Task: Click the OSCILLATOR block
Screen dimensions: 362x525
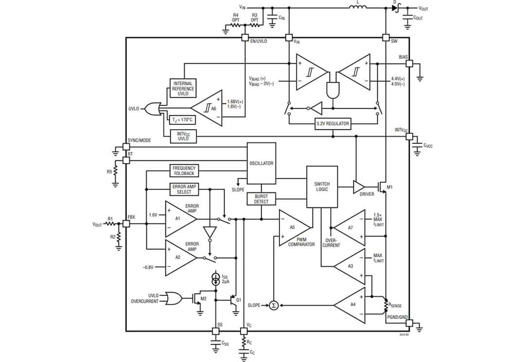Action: point(262,163)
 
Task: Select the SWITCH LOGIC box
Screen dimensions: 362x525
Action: point(322,187)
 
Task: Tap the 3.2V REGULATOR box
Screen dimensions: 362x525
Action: point(332,123)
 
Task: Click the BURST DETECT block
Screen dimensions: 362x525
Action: point(262,199)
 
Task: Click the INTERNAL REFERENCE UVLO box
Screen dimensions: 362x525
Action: point(184,88)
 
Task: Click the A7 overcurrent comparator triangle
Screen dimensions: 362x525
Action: point(350,227)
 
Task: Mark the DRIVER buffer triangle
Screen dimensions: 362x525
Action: point(359,187)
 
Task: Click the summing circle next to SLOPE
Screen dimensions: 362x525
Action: point(273,305)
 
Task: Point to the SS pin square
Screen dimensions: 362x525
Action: point(215,331)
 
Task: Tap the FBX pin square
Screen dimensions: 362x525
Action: point(126,224)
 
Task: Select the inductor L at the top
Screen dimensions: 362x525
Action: point(358,7)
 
